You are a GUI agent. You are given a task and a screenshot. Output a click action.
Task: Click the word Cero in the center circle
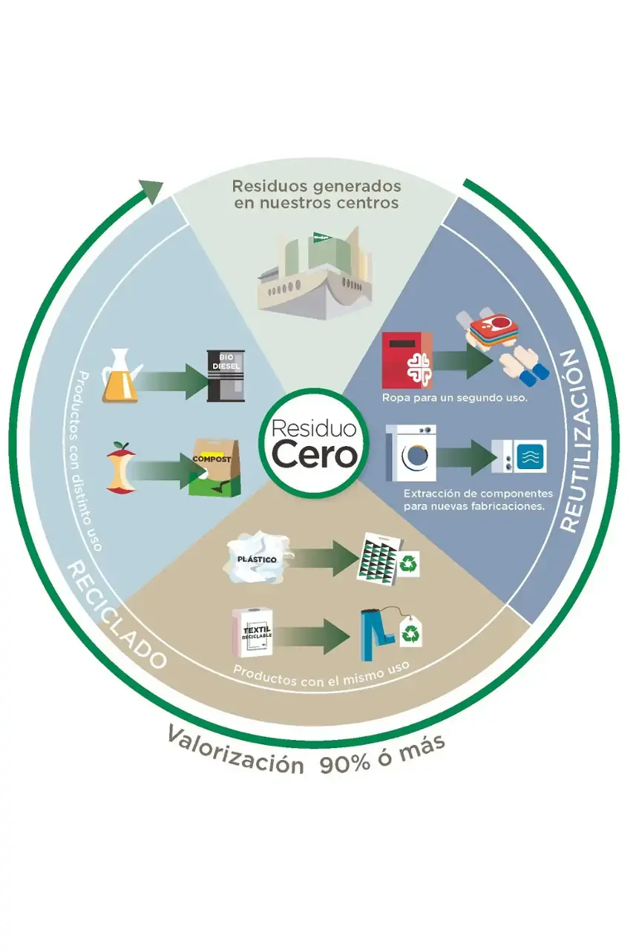pyautogui.click(x=314, y=454)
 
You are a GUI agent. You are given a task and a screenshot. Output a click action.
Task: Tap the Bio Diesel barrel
pyautogui.click(x=226, y=376)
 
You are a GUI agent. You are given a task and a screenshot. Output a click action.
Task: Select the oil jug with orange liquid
pyautogui.click(x=120, y=376)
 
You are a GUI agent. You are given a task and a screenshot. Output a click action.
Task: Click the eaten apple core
pyautogui.click(x=121, y=468)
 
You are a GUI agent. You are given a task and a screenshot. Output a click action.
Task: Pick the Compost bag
pyautogui.click(x=215, y=468)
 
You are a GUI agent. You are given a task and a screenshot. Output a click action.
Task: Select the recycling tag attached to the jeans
pyautogui.click(x=411, y=632)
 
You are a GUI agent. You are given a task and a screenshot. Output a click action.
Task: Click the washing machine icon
pyautogui.click(x=411, y=453)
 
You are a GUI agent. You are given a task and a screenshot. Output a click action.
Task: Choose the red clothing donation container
pyautogui.click(x=407, y=360)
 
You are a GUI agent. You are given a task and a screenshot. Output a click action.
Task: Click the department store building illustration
pyautogui.click(x=314, y=272)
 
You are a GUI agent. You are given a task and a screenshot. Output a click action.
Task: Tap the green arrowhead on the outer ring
pyautogui.click(x=151, y=191)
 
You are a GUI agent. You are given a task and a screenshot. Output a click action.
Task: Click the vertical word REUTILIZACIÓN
pyautogui.click(x=578, y=440)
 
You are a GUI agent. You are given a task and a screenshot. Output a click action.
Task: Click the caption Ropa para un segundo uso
pyautogui.click(x=454, y=399)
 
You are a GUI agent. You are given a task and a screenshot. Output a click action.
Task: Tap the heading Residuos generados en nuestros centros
pyautogui.click(x=316, y=194)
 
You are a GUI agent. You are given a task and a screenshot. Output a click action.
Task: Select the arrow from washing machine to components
pyautogui.click(x=466, y=457)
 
